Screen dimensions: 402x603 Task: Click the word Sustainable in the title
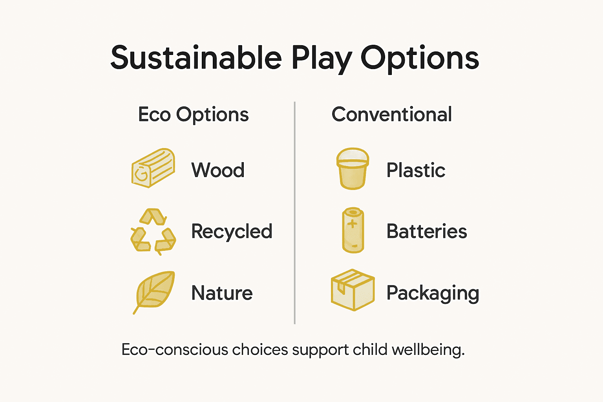196,58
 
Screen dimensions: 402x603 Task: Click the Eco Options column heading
193,115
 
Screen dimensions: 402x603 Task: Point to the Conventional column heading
391,115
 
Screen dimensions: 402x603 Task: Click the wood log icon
153,168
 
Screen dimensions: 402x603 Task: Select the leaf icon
154,292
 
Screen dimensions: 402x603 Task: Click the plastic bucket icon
353,169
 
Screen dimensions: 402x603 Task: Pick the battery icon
353,230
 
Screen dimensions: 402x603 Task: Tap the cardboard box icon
353,290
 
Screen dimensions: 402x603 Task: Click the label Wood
218,170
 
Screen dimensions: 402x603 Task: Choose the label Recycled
232,232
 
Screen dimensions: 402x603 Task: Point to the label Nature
222,293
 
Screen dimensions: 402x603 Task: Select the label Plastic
416,170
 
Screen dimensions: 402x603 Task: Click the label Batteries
427,232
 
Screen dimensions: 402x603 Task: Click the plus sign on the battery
353,224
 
